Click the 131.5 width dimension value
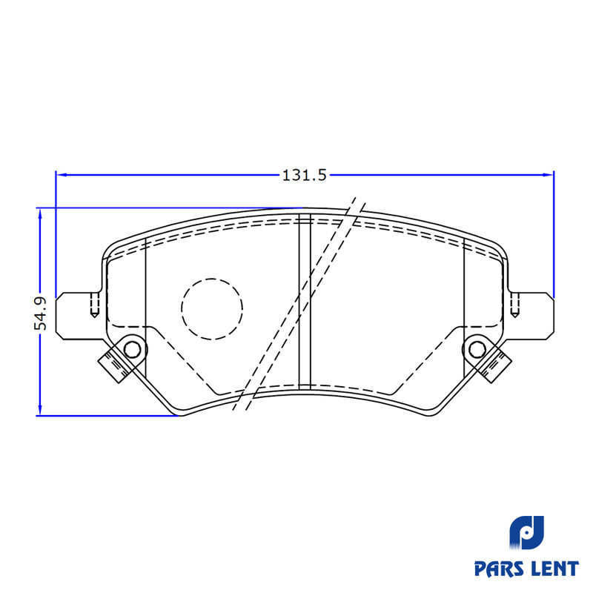click(x=304, y=176)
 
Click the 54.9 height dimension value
click(x=42, y=313)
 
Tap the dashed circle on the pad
click(x=212, y=308)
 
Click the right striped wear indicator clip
click(x=496, y=363)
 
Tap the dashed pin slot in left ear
click(x=93, y=305)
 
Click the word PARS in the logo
click(x=500, y=569)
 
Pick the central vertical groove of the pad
click(x=303, y=304)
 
